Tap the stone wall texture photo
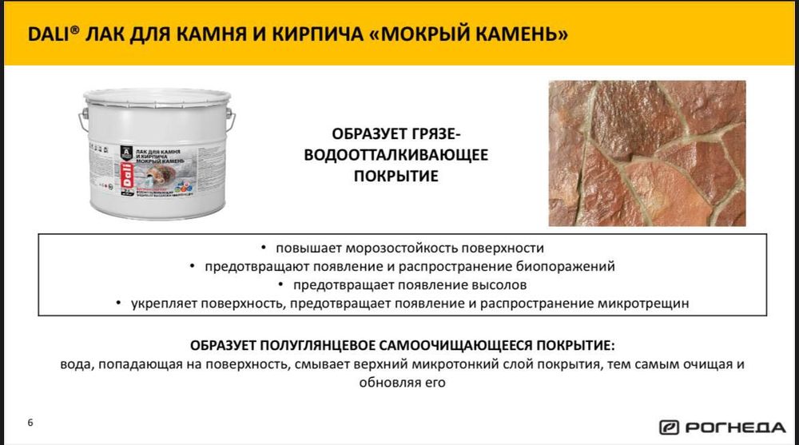click(x=646, y=153)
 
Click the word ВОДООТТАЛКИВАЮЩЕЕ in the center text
click(x=396, y=154)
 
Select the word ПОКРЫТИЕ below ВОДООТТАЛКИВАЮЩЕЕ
click(x=396, y=176)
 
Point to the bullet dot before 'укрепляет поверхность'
click(x=117, y=304)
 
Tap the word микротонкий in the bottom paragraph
click(x=463, y=364)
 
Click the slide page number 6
click(x=30, y=422)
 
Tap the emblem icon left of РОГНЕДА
click(x=669, y=427)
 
